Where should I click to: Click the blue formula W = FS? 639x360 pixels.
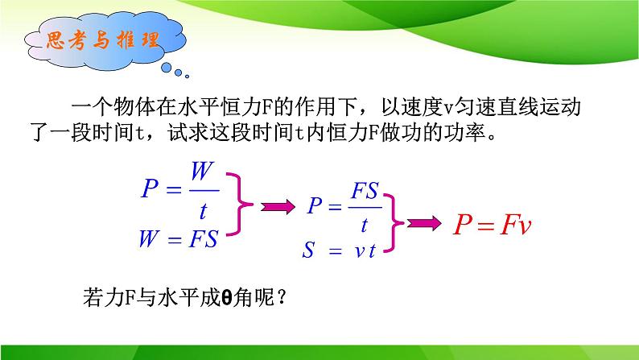(179, 241)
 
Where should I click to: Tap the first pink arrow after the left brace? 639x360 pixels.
(277, 208)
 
